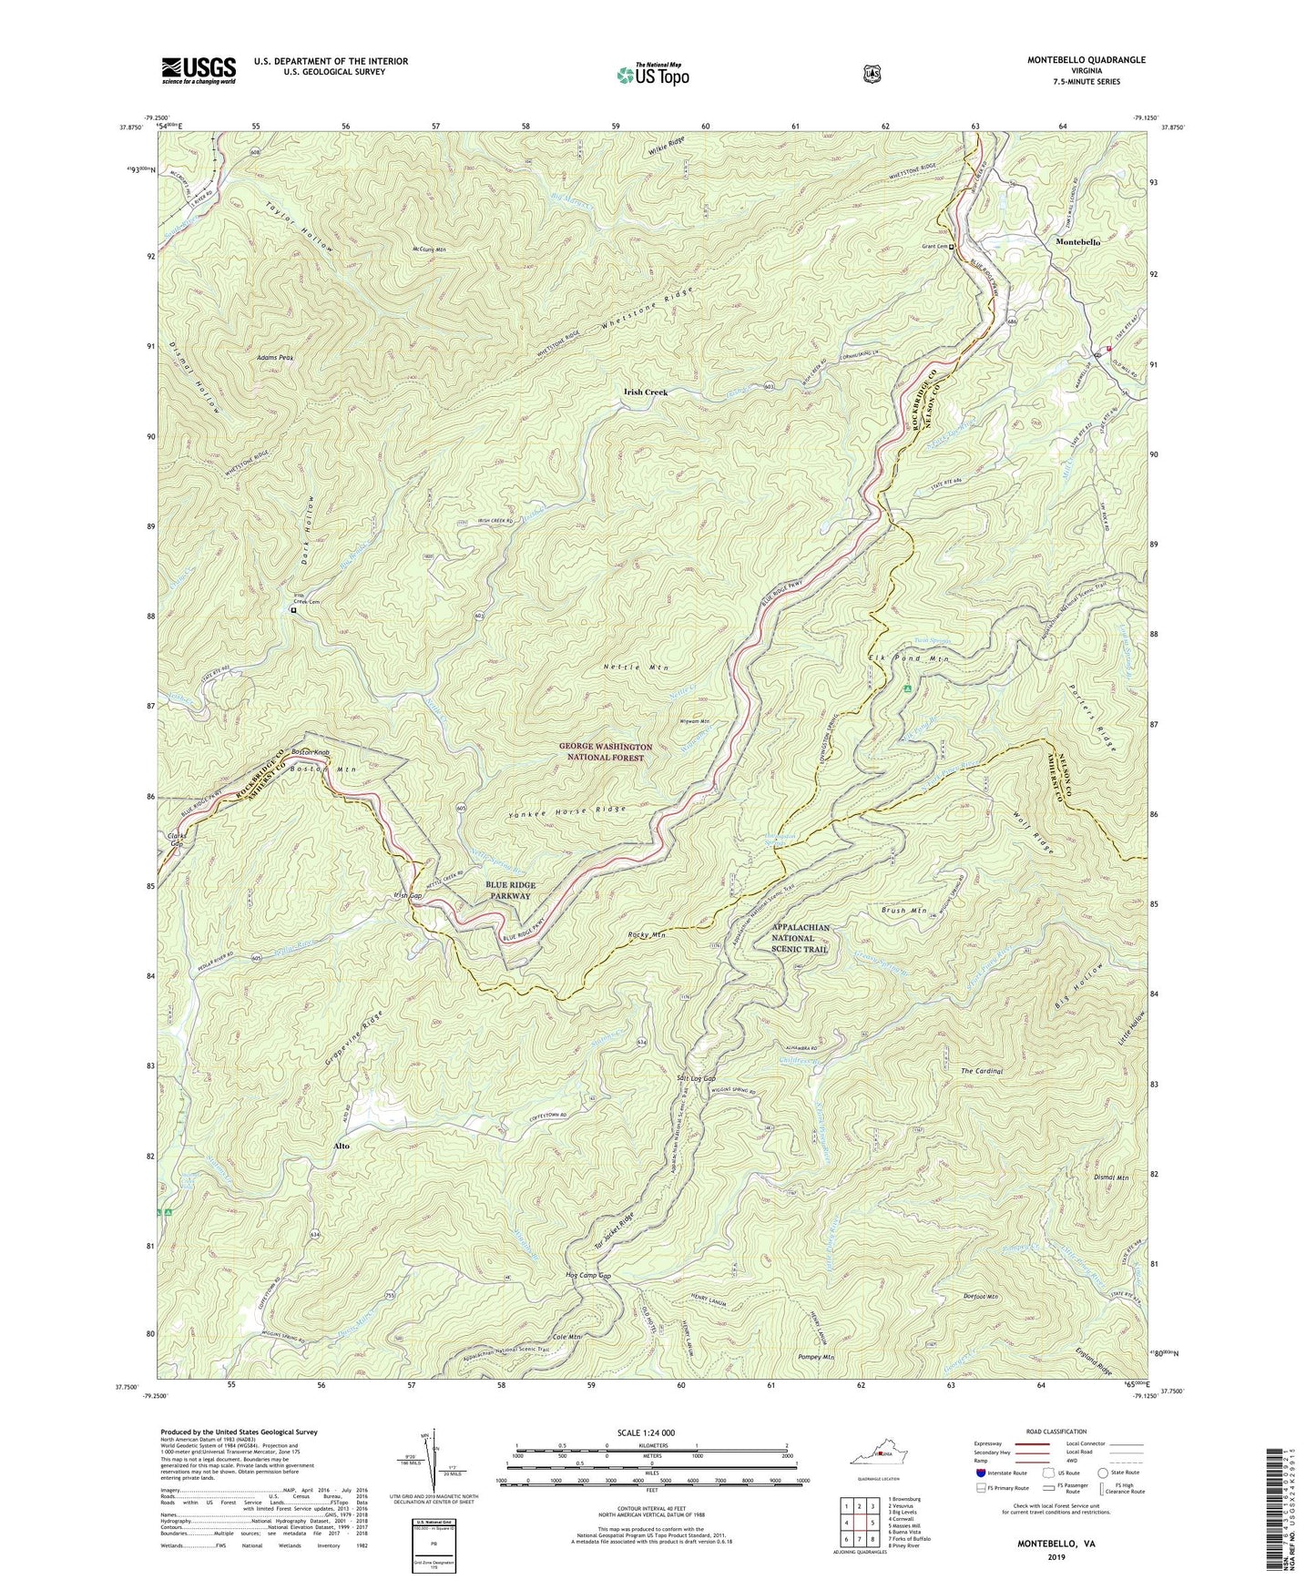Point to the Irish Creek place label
coord(645,392)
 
